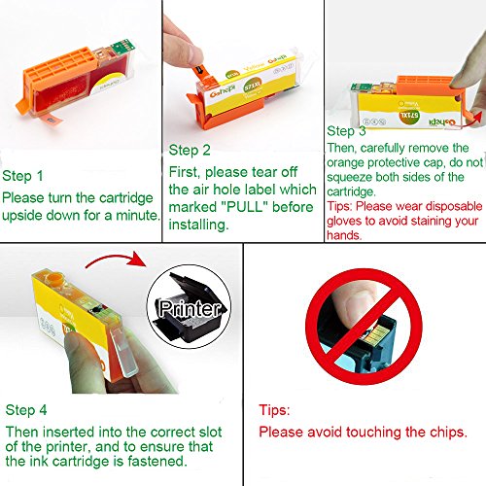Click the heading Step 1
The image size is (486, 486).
[22, 176]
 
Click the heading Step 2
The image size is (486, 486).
[190, 151]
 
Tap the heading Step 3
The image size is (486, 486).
[346, 131]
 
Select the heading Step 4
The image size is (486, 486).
[26, 410]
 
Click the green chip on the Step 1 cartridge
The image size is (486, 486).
[122, 48]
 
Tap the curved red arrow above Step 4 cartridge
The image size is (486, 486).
[116, 259]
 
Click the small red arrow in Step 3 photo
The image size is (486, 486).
[472, 119]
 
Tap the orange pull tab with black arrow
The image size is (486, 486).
[201, 73]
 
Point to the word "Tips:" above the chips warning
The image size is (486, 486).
[274, 410]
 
